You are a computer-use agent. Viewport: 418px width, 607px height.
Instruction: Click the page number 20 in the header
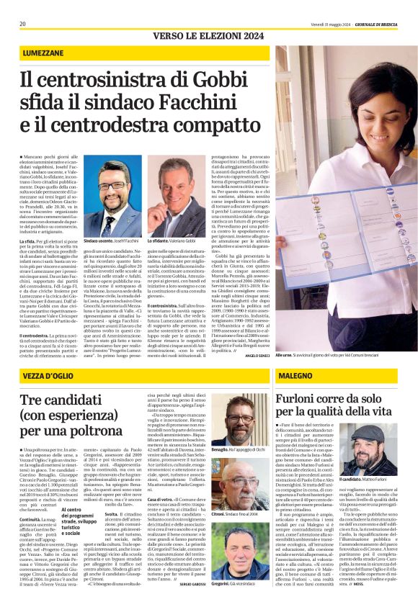click(x=23, y=24)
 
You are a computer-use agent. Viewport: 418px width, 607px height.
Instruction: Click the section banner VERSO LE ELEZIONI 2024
click(x=208, y=36)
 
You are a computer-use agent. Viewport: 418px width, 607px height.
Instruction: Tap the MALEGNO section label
click(x=296, y=377)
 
